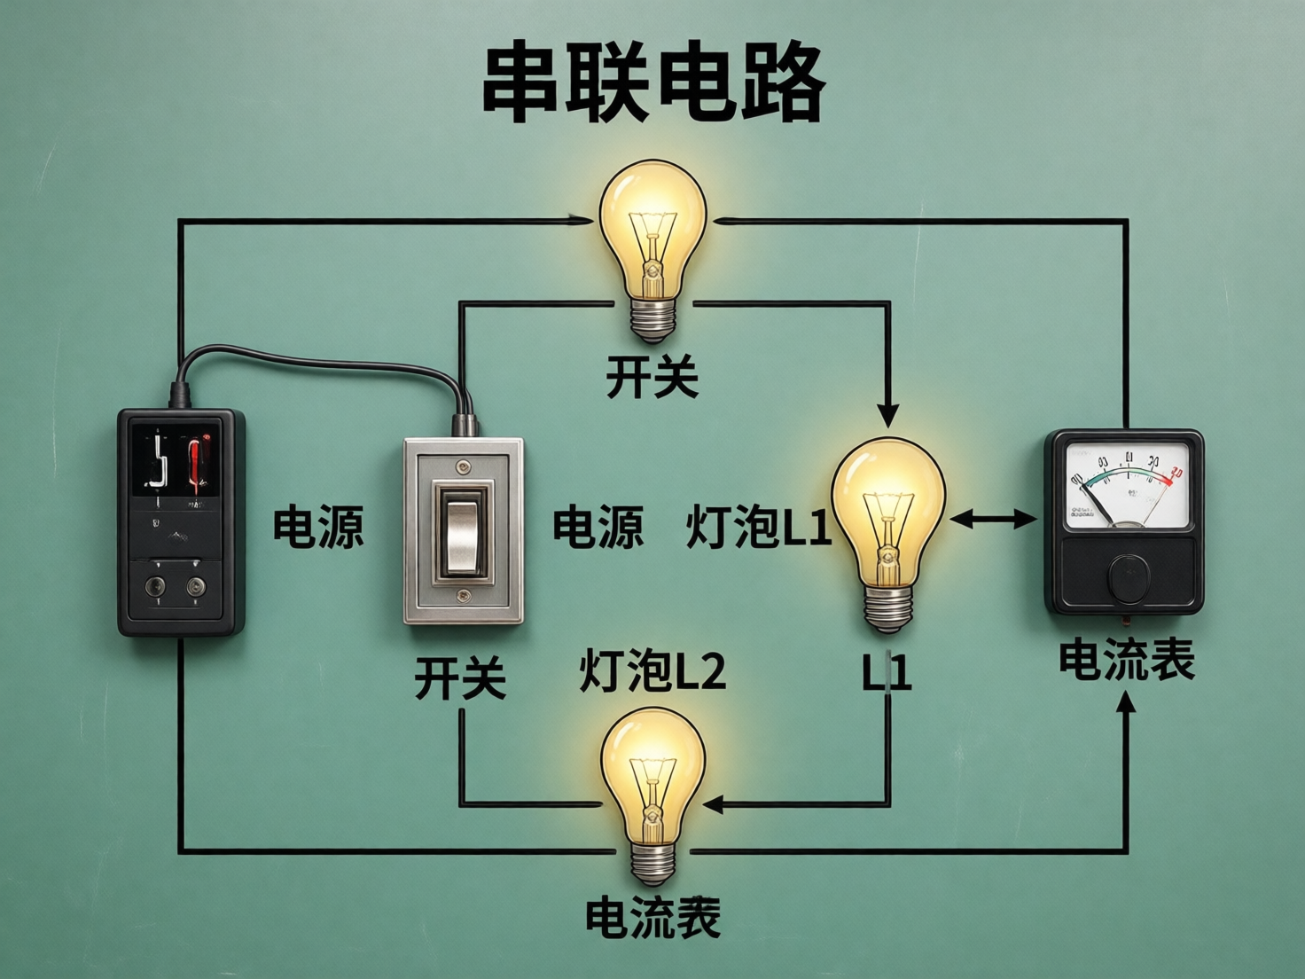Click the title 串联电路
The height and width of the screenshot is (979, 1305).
[653, 84]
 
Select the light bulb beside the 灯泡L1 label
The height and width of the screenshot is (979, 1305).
[888, 523]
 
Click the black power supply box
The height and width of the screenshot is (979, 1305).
[181, 521]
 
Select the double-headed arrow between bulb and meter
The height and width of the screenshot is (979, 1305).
[993, 520]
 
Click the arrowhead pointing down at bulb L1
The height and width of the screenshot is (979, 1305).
[888, 413]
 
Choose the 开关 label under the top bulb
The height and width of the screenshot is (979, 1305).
[653, 378]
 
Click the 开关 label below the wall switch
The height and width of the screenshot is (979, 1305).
[460, 679]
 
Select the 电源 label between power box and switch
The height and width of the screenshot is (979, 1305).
[318, 527]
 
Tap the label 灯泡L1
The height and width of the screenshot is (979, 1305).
[759, 527]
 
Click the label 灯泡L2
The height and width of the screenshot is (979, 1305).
[653, 670]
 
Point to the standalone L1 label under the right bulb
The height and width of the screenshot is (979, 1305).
[887, 674]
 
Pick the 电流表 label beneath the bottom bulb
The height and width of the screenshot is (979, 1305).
[653, 918]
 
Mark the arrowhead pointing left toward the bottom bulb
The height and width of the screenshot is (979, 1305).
[715, 804]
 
